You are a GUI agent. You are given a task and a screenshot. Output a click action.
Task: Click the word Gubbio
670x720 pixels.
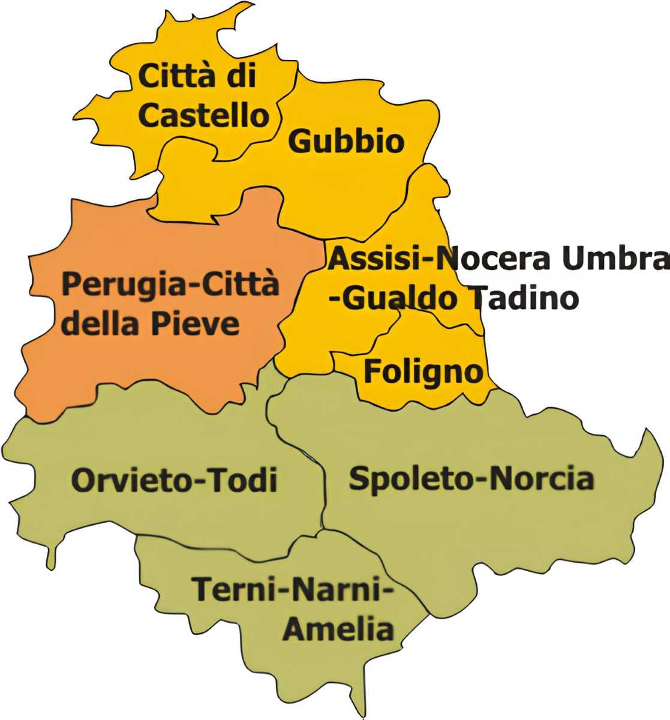pyautogui.click(x=346, y=142)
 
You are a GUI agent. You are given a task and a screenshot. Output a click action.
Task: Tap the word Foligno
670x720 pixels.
pyautogui.click(x=423, y=372)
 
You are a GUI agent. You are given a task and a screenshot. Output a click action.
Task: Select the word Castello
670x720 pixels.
pyautogui.click(x=203, y=115)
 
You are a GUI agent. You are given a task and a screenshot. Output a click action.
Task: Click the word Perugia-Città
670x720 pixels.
pyautogui.click(x=170, y=284)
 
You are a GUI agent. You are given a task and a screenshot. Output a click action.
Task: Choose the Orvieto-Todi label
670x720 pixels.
pyautogui.click(x=174, y=481)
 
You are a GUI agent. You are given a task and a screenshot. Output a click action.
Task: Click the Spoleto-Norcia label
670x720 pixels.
pyautogui.click(x=471, y=479)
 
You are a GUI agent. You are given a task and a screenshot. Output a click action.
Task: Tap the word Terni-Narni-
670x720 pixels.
pyautogui.click(x=293, y=589)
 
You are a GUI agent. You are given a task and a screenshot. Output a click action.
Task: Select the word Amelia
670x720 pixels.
pyautogui.click(x=339, y=629)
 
